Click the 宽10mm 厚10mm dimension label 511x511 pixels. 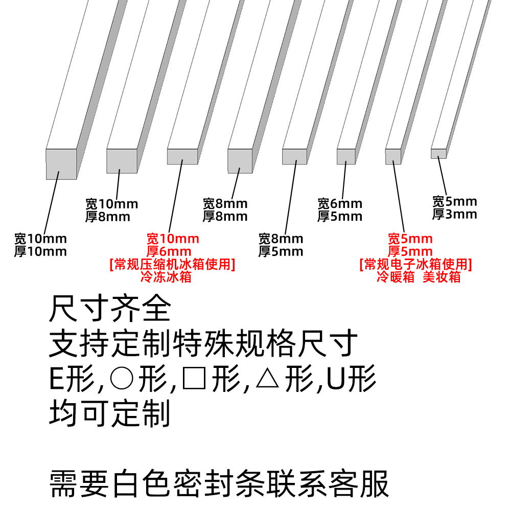(40, 245)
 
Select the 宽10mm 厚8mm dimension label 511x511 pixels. (112, 210)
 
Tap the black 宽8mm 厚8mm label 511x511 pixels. (225, 210)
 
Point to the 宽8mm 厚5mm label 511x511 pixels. (281, 245)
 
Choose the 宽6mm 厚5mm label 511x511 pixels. (340, 210)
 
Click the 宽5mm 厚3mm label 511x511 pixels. (455, 207)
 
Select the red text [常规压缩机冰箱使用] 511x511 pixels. (172, 265)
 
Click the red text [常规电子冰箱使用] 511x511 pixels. (415, 265)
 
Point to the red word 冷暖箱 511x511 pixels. (396, 277)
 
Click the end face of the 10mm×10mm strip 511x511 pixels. (61, 164)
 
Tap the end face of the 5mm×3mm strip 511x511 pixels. (438, 153)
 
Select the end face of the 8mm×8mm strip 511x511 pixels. (240, 161)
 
